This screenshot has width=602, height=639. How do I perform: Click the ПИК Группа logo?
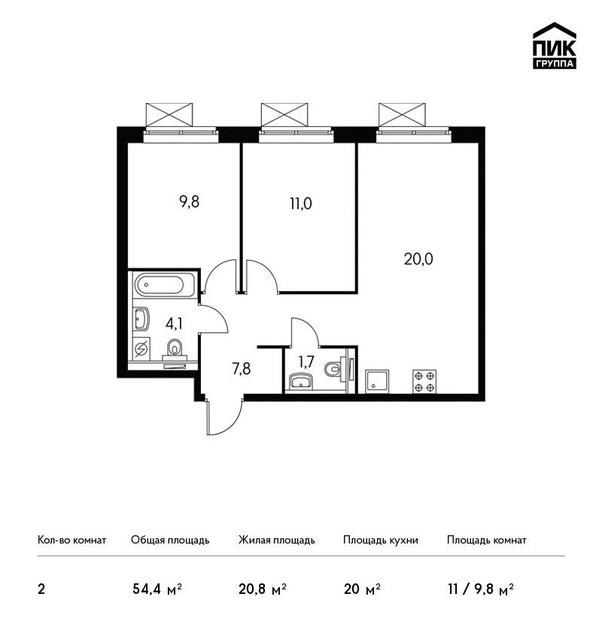click(555, 46)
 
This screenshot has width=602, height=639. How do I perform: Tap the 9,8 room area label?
click(189, 201)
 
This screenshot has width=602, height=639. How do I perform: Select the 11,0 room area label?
click(301, 204)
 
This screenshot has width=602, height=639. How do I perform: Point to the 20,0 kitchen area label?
click(418, 259)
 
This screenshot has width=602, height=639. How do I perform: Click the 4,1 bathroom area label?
click(174, 323)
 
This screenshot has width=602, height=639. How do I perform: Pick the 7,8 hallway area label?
click(242, 369)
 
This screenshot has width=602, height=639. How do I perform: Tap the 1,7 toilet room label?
click(306, 362)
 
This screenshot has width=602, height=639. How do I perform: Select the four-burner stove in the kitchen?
click(424, 381)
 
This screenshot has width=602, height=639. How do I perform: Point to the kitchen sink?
click(377, 381)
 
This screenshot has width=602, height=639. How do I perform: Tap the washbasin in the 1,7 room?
click(300, 382)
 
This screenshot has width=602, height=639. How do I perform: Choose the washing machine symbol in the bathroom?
click(141, 350)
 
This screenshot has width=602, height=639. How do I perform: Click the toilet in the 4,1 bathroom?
click(175, 351)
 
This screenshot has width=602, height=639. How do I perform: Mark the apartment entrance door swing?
click(224, 417)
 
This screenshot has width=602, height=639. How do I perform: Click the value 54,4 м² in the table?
click(157, 589)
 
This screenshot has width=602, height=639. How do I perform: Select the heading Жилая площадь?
click(276, 540)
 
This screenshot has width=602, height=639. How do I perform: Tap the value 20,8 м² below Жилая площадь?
click(263, 589)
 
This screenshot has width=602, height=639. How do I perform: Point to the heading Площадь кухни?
click(381, 541)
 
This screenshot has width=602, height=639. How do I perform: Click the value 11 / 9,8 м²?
click(480, 589)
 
